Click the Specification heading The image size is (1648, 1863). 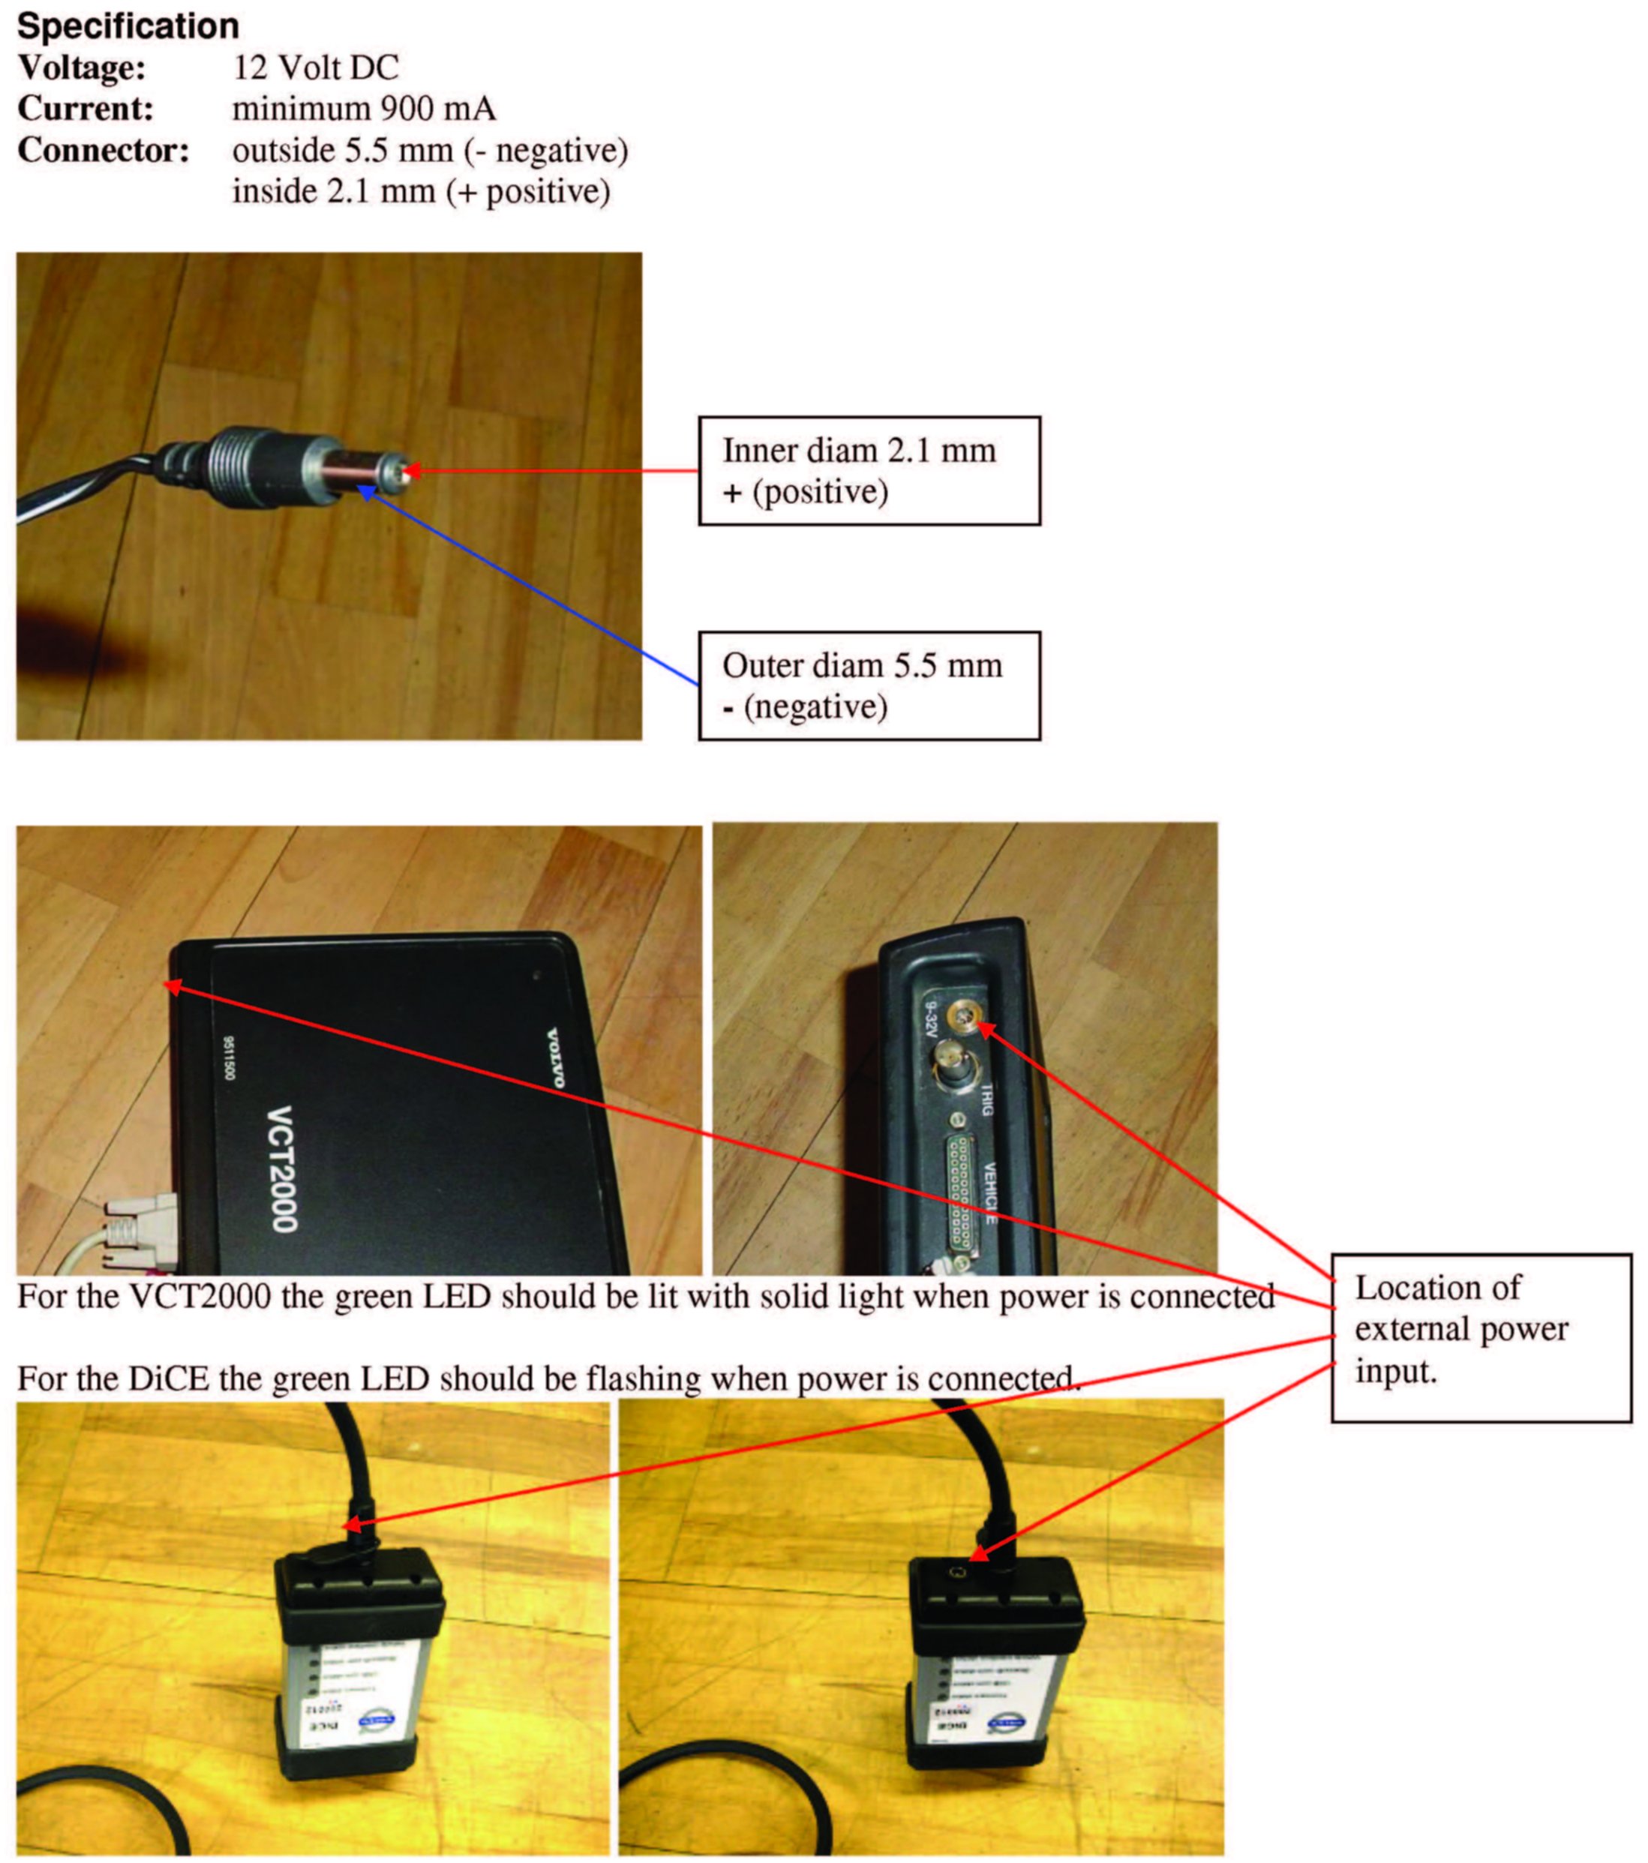click(x=128, y=25)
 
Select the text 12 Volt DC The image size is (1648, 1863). click(x=315, y=67)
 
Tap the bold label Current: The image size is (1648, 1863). click(x=86, y=109)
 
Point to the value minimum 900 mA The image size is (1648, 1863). click(x=364, y=109)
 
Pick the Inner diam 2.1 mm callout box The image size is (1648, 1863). click(x=869, y=470)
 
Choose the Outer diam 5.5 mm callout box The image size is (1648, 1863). click(x=869, y=685)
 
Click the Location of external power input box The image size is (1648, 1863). click(x=1480, y=1337)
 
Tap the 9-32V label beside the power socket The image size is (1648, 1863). click(x=931, y=1020)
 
